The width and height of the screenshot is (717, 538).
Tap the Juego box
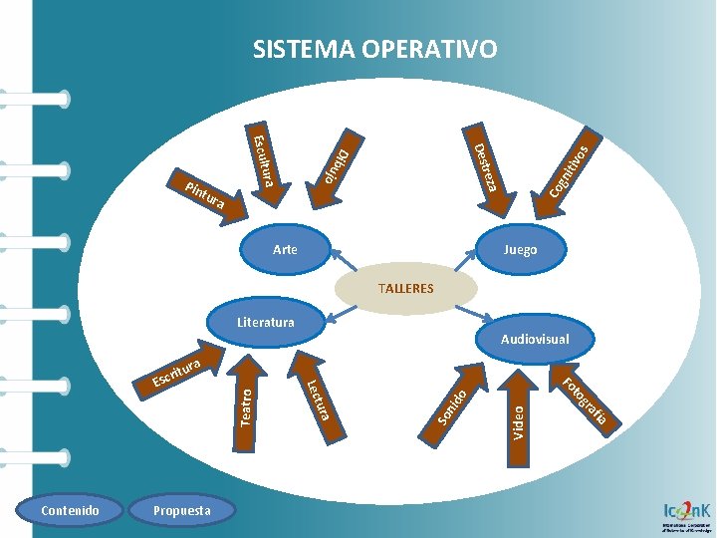point(521,249)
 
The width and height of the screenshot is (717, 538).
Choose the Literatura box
point(266,322)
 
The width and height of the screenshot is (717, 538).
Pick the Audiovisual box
point(535,339)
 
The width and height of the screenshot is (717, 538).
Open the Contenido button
point(70,511)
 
